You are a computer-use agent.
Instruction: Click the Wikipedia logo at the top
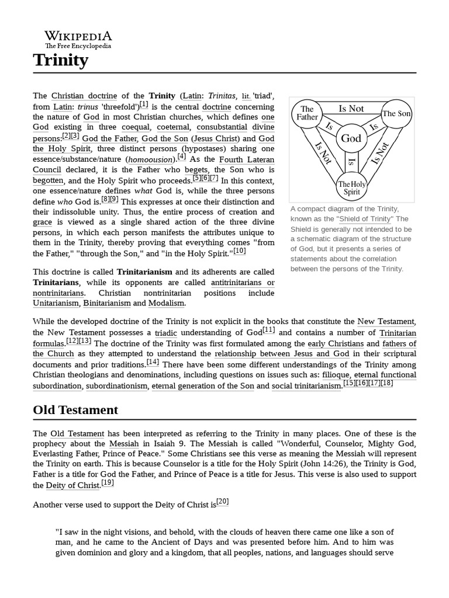coord(78,39)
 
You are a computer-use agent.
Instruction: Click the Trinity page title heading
coord(61,60)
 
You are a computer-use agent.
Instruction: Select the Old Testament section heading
coord(75,410)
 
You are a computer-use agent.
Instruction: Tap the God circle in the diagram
coord(351,139)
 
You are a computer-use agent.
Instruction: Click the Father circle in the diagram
coord(307,113)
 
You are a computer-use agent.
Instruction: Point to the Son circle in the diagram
coord(396,114)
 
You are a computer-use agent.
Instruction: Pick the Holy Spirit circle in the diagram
coord(352,187)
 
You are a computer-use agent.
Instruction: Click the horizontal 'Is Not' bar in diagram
coord(351,109)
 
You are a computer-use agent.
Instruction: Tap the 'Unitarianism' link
coord(56,303)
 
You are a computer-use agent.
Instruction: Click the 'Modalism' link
coord(167,303)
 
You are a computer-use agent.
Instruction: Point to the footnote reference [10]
coord(240,251)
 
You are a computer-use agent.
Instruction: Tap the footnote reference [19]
coord(108,483)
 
